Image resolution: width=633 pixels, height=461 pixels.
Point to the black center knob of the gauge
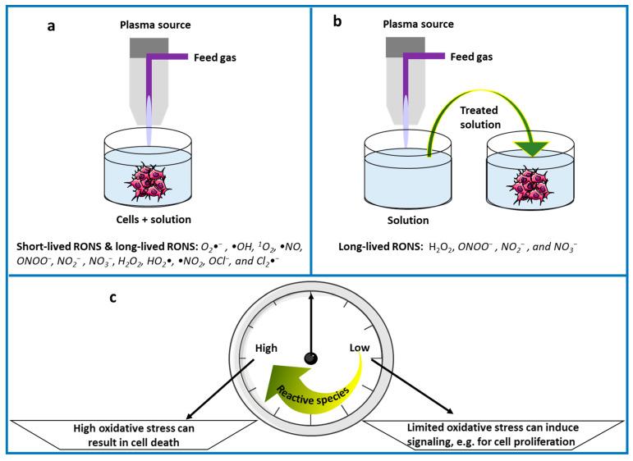click(x=311, y=356)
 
